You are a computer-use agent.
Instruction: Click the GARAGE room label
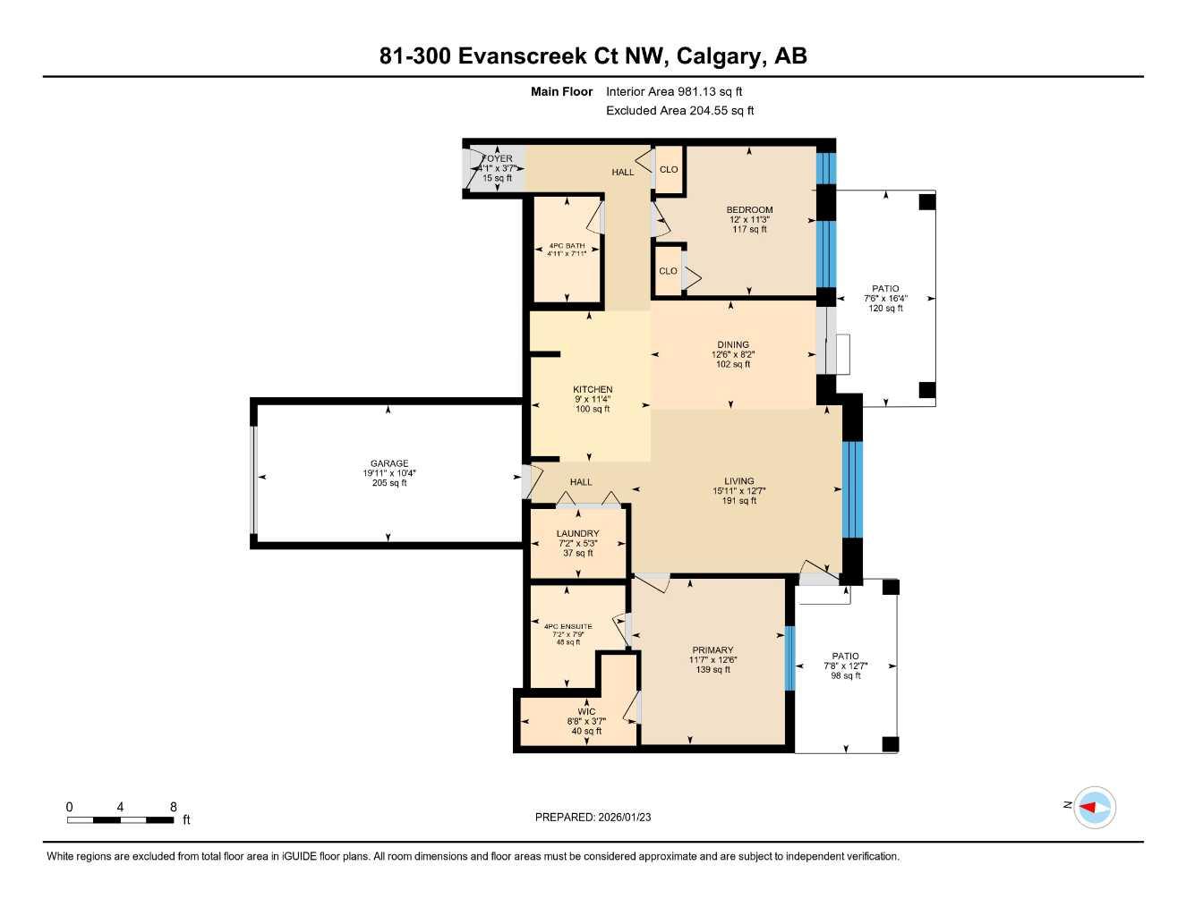click(389, 463)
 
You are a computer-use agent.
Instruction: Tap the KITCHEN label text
click(593, 389)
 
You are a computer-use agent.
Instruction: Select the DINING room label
click(732, 344)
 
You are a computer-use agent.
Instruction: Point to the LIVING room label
click(738, 480)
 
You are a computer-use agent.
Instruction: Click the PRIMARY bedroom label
click(712, 650)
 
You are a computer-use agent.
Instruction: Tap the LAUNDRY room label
click(577, 533)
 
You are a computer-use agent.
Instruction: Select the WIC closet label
click(586, 712)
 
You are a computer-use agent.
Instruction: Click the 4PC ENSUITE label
click(567, 626)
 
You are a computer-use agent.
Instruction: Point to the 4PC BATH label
click(567, 245)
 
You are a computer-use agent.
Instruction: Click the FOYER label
click(498, 158)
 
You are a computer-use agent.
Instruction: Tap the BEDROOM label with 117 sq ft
click(749, 209)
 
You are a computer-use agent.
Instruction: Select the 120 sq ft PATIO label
click(885, 289)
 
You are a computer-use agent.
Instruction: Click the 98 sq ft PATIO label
click(845, 656)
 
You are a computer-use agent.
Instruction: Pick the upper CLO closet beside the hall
click(669, 169)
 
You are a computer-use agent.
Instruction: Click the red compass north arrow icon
click(1094, 808)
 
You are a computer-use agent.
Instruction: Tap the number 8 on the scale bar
click(173, 806)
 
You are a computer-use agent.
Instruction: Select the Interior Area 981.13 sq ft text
click(674, 91)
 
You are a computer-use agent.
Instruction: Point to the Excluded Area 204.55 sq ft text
click(679, 111)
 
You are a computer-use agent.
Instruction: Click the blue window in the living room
click(852, 488)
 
